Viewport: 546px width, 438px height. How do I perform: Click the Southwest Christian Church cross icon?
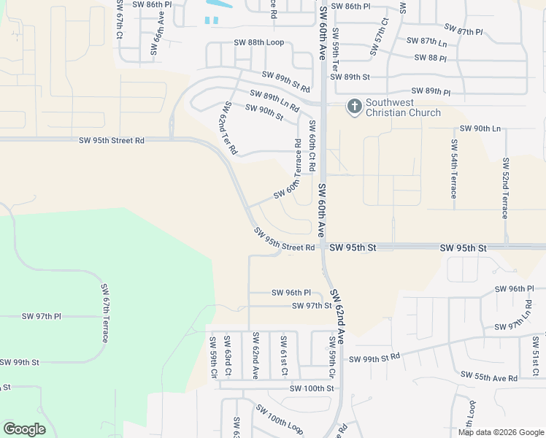tap(354, 107)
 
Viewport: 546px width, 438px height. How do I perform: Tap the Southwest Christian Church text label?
tap(403, 108)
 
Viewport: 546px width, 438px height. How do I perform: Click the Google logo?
tap(24, 429)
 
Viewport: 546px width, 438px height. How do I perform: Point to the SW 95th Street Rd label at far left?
tap(112, 140)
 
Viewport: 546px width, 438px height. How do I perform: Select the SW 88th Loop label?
tap(258, 42)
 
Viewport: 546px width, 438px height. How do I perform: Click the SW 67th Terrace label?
tap(105, 314)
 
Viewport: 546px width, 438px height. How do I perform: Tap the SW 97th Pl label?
tap(42, 316)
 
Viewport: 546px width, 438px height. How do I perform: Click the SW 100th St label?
tap(311, 388)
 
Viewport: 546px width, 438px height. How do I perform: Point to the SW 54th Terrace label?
tap(453, 169)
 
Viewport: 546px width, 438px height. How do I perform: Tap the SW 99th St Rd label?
tap(374, 358)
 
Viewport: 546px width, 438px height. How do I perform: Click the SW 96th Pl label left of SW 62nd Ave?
tap(291, 293)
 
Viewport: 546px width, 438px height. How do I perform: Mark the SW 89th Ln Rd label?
tap(274, 101)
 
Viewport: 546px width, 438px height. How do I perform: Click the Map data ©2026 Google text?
tap(501, 431)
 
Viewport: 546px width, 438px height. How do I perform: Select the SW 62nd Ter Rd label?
tap(228, 128)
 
